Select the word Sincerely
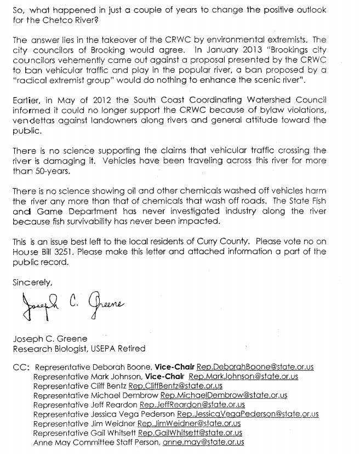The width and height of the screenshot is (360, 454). pyautogui.click(x=32, y=283)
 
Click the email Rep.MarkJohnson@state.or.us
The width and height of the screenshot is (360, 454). pyautogui.click(x=243, y=376)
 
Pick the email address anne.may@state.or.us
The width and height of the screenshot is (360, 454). pyautogui.click(x=203, y=442)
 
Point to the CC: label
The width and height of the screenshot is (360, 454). pyautogui.click(x=20, y=367)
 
